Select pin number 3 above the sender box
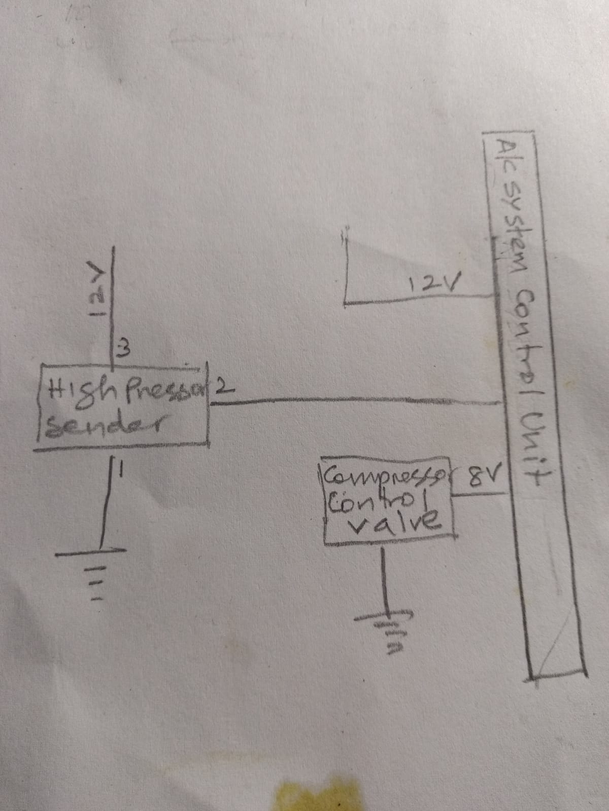pyautogui.click(x=123, y=350)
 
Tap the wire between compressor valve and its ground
pyautogui.click(x=384, y=583)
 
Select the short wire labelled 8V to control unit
pyautogui.click(x=480, y=494)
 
